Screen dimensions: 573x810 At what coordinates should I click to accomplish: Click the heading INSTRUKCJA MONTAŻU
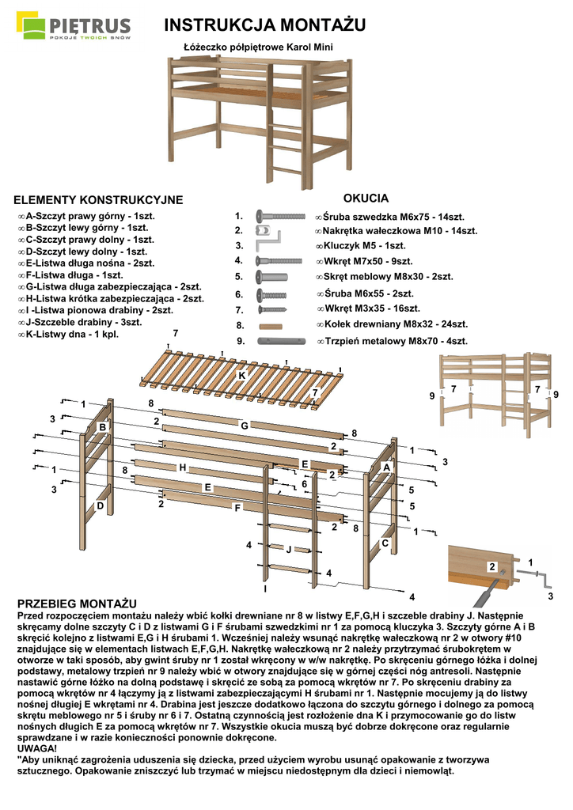pyautogui.click(x=264, y=26)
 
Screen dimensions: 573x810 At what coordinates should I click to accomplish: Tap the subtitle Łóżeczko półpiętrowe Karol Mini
pyautogui.click(x=257, y=47)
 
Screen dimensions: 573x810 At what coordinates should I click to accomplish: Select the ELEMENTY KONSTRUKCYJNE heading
pyautogui.click(x=99, y=200)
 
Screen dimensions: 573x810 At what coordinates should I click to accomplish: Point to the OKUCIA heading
pyautogui.click(x=366, y=198)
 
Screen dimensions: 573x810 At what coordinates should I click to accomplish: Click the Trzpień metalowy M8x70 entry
pyautogui.click(x=391, y=342)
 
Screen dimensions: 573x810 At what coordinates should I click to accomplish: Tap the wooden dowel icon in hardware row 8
pyautogui.click(x=270, y=325)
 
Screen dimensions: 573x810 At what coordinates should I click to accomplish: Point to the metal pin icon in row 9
pyautogui.click(x=280, y=342)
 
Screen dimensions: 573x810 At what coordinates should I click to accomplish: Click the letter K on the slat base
pyautogui.click(x=241, y=375)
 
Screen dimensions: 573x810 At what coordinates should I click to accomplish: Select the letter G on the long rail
pyautogui.click(x=245, y=426)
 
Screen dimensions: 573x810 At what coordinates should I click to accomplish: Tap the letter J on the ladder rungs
pyautogui.click(x=288, y=549)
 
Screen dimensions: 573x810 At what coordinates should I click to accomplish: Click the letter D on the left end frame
pyautogui.click(x=101, y=505)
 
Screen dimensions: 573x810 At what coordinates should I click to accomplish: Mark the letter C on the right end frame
pyautogui.click(x=385, y=543)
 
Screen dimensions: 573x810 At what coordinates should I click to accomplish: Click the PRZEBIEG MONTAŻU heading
pyautogui.click(x=77, y=604)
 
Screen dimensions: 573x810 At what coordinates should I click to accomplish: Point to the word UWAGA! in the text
pyautogui.click(x=37, y=748)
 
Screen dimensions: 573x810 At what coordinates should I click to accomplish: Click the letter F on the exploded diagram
pyautogui.click(x=237, y=508)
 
